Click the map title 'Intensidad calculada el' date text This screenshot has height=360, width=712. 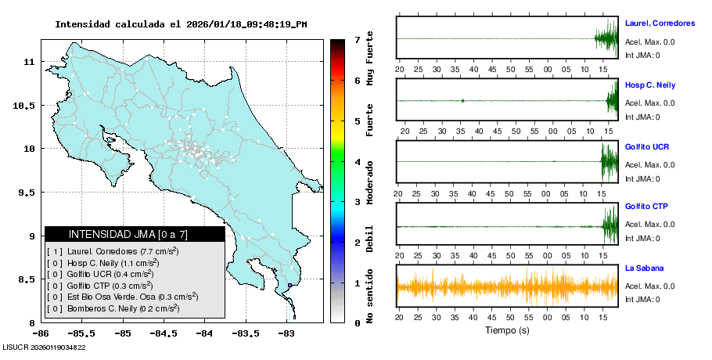(x=181, y=24)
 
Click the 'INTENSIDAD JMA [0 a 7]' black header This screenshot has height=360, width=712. (x=135, y=234)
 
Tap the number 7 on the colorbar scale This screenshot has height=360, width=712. (x=357, y=39)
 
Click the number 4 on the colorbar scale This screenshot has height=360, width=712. (x=357, y=162)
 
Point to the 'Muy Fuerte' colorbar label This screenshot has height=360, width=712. (x=370, y=61)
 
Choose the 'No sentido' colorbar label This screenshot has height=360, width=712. (x=370, y=297)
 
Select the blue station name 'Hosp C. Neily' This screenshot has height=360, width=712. (x=650, y=85)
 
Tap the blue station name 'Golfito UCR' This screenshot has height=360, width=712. (x=646, y=146)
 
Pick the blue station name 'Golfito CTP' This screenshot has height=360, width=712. (x=646, y=207)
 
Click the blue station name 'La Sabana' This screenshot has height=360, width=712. (x=642, y=268)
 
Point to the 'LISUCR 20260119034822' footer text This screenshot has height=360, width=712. (x=45, y=347)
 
